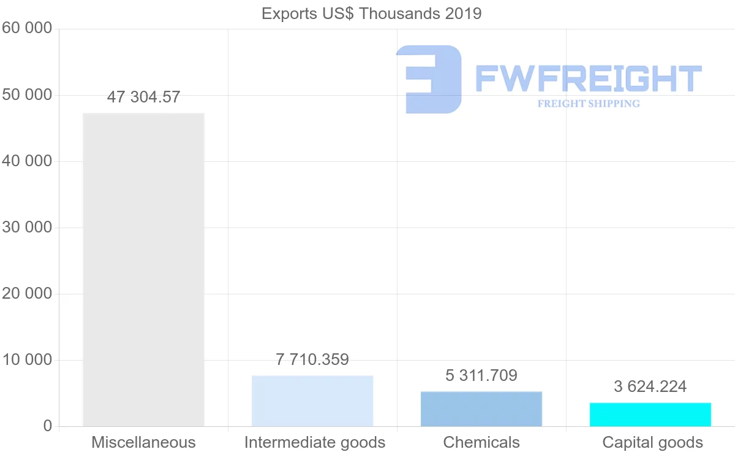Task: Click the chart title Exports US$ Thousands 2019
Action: (371, 13)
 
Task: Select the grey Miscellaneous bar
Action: (143, 270)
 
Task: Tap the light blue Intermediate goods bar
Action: (312, 401)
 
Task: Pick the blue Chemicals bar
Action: (481, 409)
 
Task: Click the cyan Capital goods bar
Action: (650, 415)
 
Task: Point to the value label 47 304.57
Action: (143, 97)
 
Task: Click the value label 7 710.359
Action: (312, 359)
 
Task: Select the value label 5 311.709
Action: (481, 375)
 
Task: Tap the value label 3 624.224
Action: (650, 386)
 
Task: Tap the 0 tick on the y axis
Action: (48, 426)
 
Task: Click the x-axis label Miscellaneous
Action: (143, 442)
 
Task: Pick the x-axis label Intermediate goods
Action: (315, 442)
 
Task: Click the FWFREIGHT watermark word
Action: (588, 79)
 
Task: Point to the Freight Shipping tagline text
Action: (589, 104)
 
